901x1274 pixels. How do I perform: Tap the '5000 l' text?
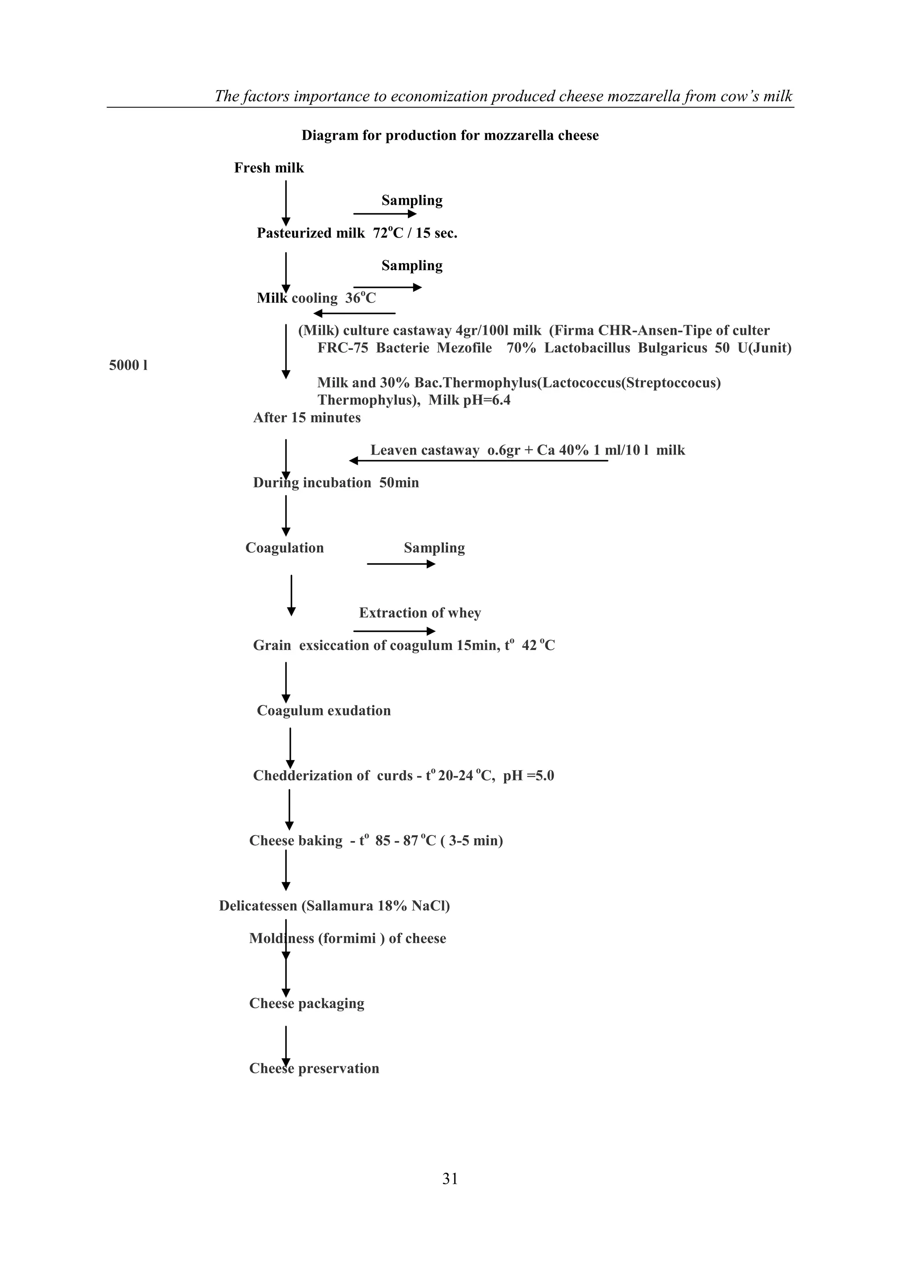tap(128, 366)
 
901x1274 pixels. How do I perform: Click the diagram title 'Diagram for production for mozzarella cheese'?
tap(450, 136)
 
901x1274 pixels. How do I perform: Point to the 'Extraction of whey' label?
tap(420, 613)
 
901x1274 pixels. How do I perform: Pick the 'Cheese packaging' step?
tap(307, 1004)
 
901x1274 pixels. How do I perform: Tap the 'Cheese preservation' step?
tap(314, 1068)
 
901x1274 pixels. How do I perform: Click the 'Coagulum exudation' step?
tap(323, 711)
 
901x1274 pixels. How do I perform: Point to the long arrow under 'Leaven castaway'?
tap(478, 461)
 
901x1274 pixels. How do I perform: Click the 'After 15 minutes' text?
tap(307, 418)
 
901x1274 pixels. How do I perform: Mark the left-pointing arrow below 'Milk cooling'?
tap(355, 313)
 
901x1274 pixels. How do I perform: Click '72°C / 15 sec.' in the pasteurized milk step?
tap(415, 234)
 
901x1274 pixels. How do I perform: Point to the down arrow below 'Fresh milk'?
tap(286, 202)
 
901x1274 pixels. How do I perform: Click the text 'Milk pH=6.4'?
tap(469, 400)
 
